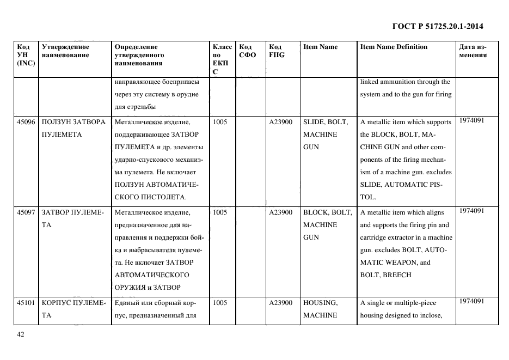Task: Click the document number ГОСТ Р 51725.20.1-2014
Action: click(437, 26)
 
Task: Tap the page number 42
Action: click(21, 335)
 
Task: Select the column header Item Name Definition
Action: click(394, 47)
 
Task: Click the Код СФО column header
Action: click(247, 51)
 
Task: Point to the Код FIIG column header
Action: click(277, 51)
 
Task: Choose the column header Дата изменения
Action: click(473, 51)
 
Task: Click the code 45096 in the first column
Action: click(26, 122)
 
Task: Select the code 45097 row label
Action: click(26, 212)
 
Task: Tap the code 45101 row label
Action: click(26, 303)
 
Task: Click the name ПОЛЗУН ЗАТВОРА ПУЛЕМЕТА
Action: click(73, 128)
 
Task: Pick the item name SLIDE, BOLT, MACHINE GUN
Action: click(325, 134)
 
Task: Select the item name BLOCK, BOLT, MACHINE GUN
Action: click(327, 224)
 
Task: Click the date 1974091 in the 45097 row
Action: click(471, 211)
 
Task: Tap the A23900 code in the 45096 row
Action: click(281, 122)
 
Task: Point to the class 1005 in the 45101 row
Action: click(220, 303)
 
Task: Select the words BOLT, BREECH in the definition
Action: click(385, 275)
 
